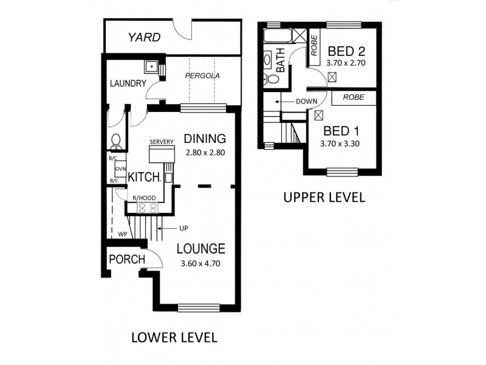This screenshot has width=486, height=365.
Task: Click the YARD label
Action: (x=144, y=38)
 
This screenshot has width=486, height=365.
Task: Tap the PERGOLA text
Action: (x=202, y=77)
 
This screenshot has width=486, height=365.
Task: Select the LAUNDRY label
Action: (x=127, y=83)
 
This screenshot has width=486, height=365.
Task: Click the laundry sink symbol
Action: (x=150, y=68)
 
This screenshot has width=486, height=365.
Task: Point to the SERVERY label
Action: (x=162, y=142)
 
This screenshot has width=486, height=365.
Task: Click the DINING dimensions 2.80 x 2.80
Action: (x=205, y=153)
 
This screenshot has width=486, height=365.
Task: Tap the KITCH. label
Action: (x=144, y=177)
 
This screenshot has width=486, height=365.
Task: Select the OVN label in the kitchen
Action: (x=120, y=169)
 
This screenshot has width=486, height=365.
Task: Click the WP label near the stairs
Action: (x=122, y=234)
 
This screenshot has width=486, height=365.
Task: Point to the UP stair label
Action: (x=183, y=228)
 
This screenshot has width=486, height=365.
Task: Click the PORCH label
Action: (x=126, y=260)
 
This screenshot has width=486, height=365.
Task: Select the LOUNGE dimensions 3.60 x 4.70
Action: (x=201, y=263)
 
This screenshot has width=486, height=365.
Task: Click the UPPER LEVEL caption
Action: (x=323, y=197)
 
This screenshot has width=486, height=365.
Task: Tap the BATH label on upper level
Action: (x=281, y=61)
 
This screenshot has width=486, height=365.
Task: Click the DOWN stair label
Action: (x=307, y=102)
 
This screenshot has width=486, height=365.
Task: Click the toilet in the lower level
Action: (x=115, y=141)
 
